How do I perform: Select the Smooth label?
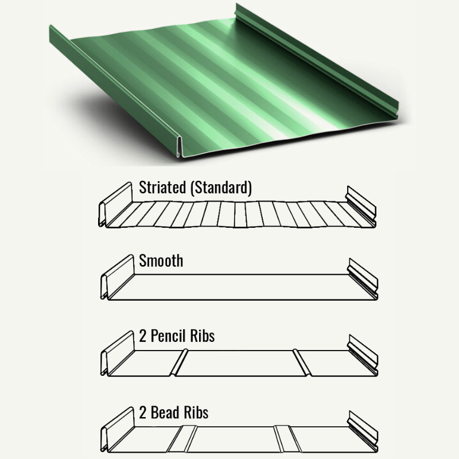point(161,261)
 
